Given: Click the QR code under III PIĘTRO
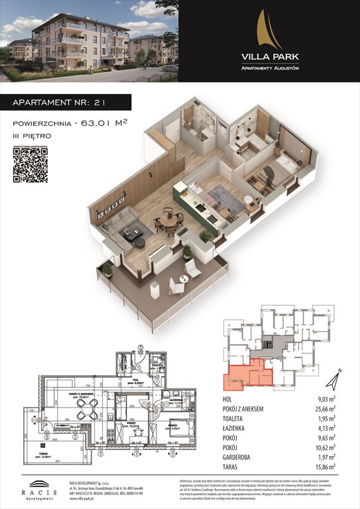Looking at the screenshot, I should point(31,164).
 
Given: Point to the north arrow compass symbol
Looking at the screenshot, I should point(336,379).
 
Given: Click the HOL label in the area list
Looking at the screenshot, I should point(229,399).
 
